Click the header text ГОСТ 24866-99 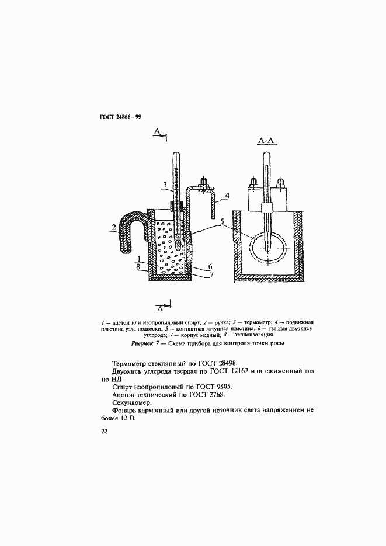coord(120,117)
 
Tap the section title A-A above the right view coord(266,141)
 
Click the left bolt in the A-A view coord(253,183)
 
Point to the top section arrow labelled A coord(160,136)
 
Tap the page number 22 coord(104,432)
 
